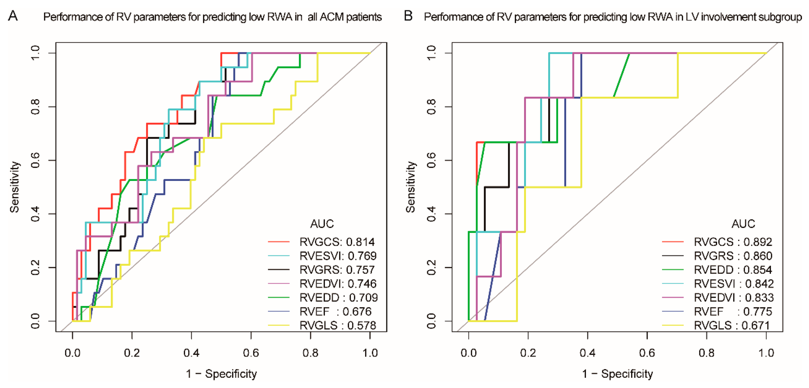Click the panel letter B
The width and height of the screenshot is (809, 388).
point(408,16)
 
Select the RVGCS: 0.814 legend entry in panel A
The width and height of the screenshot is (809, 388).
point(337,242)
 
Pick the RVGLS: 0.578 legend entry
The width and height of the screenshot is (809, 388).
point(338,325)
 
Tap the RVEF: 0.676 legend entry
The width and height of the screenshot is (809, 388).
point(335,312)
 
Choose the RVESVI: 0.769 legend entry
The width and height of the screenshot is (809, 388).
point(338,256)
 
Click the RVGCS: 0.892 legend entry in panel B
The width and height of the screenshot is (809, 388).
point(733,242)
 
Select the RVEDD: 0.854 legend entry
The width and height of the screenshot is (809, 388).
point(733,270)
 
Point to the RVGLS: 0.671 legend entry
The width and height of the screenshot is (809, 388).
point(732,325)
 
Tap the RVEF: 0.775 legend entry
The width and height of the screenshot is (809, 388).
point(733,312)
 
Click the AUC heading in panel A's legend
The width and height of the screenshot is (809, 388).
point(322,224)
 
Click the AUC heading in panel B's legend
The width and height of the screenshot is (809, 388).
point(743,224)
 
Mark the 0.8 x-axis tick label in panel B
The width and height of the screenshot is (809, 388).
point(707,353)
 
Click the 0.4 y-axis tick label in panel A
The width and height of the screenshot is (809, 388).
point(35,214)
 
